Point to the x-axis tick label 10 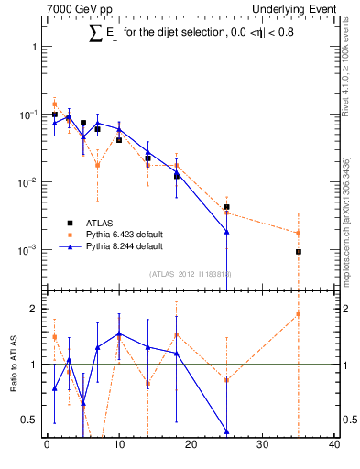[119, 445]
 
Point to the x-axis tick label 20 [191, 445]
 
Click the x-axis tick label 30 [263, 445]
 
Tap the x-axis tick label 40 [334, 445]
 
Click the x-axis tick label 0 [47, 445]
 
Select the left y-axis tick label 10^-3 [28, 250]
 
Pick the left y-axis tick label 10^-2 [28, 182]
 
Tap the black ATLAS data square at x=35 [299, 252]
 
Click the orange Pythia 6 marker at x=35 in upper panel [299, 233]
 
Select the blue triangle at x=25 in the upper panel [226, 232]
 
